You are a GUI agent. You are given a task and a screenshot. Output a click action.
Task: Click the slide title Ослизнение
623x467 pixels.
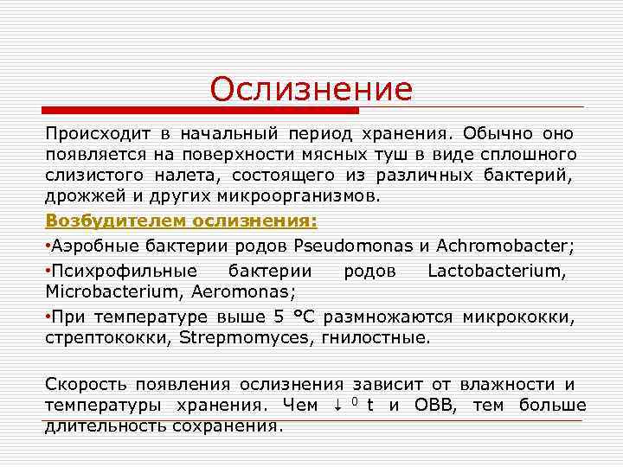pyautogui.click(x=311, y=89)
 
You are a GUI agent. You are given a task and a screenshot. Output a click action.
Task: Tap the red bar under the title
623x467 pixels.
pyautogui.click(x=201, y=111)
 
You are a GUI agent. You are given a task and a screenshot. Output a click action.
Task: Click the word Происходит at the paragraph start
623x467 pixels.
pyautogui.click(x=98, y=135)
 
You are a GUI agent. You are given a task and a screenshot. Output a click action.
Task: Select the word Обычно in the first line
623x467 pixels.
pyautogui.click(x=498, y=135)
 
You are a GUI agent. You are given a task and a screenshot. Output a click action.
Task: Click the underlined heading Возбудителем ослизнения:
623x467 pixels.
pyautogui.click(x=182, y=220)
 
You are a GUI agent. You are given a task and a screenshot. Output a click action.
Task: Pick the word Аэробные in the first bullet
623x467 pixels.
pyautogui.click(x=90, y=246)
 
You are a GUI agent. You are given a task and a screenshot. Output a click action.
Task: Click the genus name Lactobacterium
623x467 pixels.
pyautogui.click(x=497, y=271)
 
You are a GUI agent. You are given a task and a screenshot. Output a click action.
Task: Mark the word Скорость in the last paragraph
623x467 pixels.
pyautogui.click(x=85, y=384)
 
